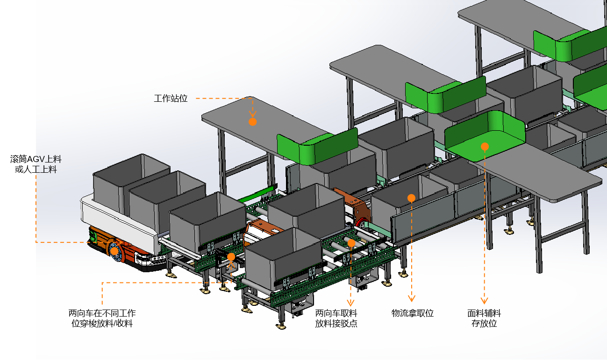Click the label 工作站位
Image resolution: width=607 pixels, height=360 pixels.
(x=171, y=99)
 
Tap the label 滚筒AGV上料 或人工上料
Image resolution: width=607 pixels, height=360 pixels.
(x=36, y=164)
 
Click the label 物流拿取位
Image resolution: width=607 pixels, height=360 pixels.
(x=412, y=313)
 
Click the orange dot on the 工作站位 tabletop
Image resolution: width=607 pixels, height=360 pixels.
(x=252, y=122)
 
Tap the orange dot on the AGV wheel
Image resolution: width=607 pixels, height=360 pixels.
(x=114, y=251)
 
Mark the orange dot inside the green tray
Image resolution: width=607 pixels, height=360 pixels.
(x=485, y=147)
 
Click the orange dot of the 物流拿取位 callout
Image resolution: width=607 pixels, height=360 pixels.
(x=411, y=198)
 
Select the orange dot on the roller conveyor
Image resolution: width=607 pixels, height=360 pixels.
(x=351, y=243)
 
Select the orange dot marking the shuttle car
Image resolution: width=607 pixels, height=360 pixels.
(x=231, y=257)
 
